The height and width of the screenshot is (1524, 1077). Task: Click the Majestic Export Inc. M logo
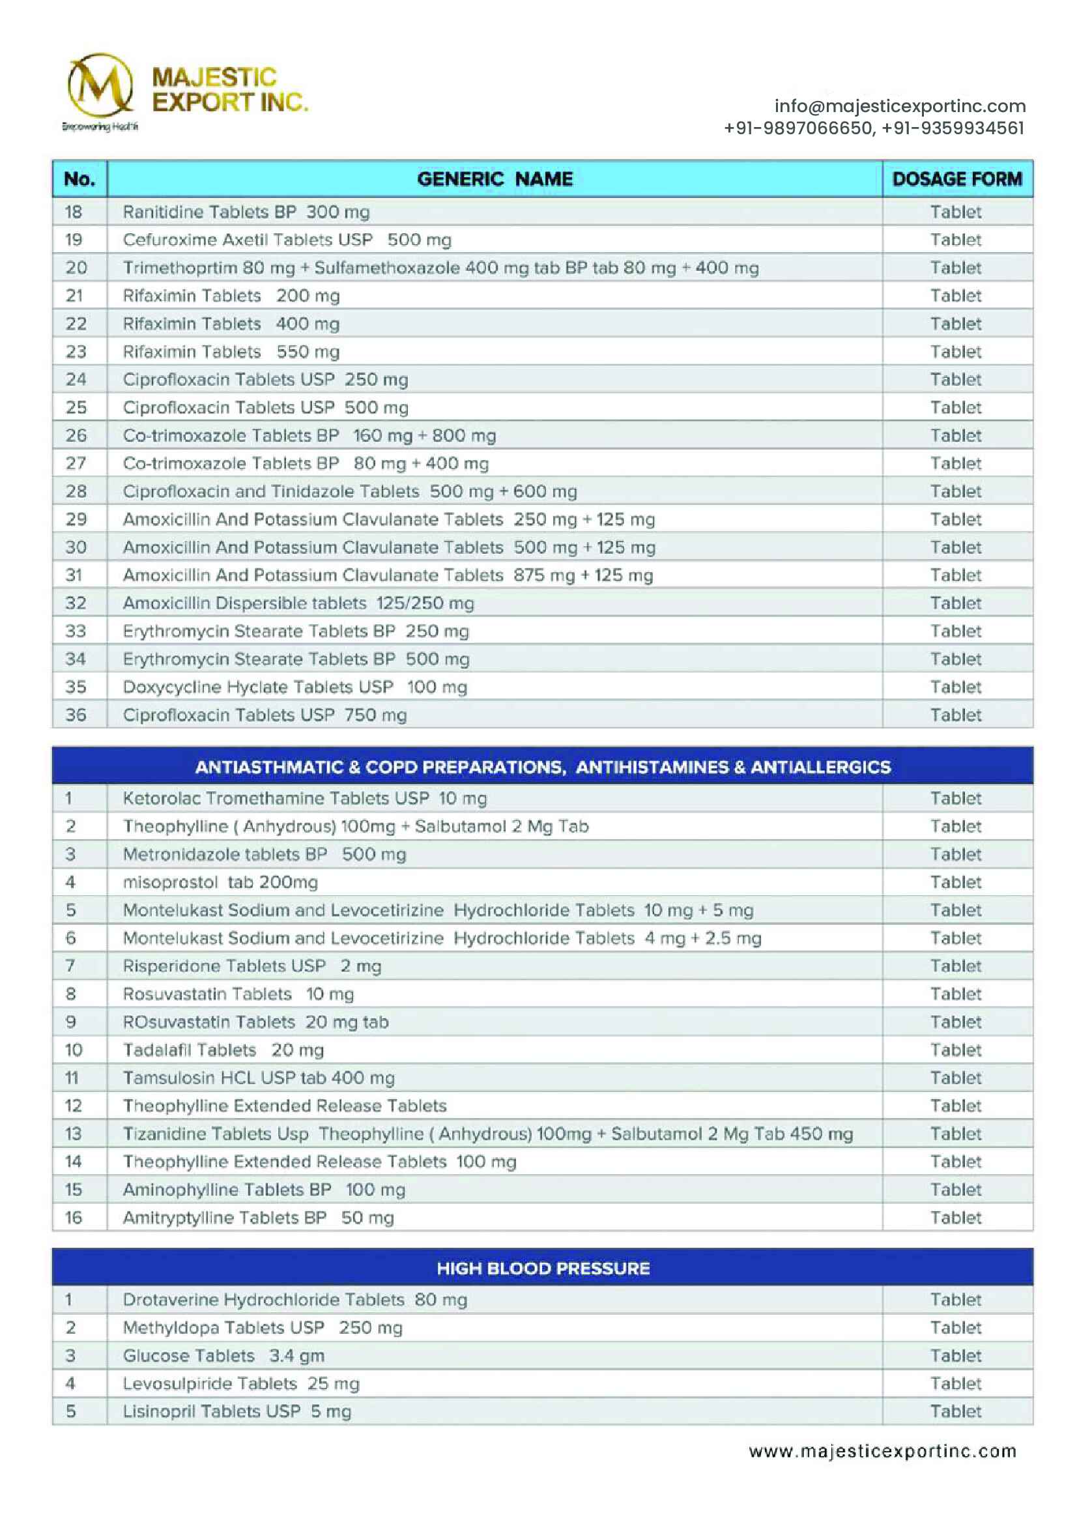[100, 86]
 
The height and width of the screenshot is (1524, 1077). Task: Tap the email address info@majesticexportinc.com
[899, 106]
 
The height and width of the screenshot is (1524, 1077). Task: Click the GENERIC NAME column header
[495, 179]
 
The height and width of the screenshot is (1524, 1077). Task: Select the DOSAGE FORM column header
[957, 179]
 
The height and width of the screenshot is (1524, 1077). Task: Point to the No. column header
[79, 179]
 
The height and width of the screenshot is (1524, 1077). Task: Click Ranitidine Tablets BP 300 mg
[246, 212]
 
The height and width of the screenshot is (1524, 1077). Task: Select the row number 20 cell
[76, 268]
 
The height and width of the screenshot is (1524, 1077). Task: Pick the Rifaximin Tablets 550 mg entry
[231, 352]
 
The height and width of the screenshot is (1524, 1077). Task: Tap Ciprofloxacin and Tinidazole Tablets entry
[350, 492]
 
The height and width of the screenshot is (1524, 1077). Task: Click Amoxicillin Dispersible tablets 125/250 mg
[298, 603]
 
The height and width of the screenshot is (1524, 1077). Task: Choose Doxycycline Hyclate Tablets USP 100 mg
[294, 687]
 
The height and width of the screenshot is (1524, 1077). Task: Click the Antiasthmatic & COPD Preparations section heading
[542, 768]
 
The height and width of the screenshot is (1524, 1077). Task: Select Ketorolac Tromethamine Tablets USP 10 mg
[304, 799]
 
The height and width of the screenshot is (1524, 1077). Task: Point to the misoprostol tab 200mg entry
[220, 882]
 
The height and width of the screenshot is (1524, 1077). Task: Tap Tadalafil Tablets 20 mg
[223, 1050]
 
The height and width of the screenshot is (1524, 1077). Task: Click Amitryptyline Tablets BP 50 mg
[258, 1218]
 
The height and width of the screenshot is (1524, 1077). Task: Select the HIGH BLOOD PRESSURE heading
[542, 1269]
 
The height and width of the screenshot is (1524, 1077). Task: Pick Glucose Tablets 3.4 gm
[223, 1355]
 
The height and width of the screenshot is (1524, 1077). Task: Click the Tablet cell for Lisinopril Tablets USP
[955, 1411]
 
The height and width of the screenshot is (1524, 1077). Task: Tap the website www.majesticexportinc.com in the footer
[882, 1452]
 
